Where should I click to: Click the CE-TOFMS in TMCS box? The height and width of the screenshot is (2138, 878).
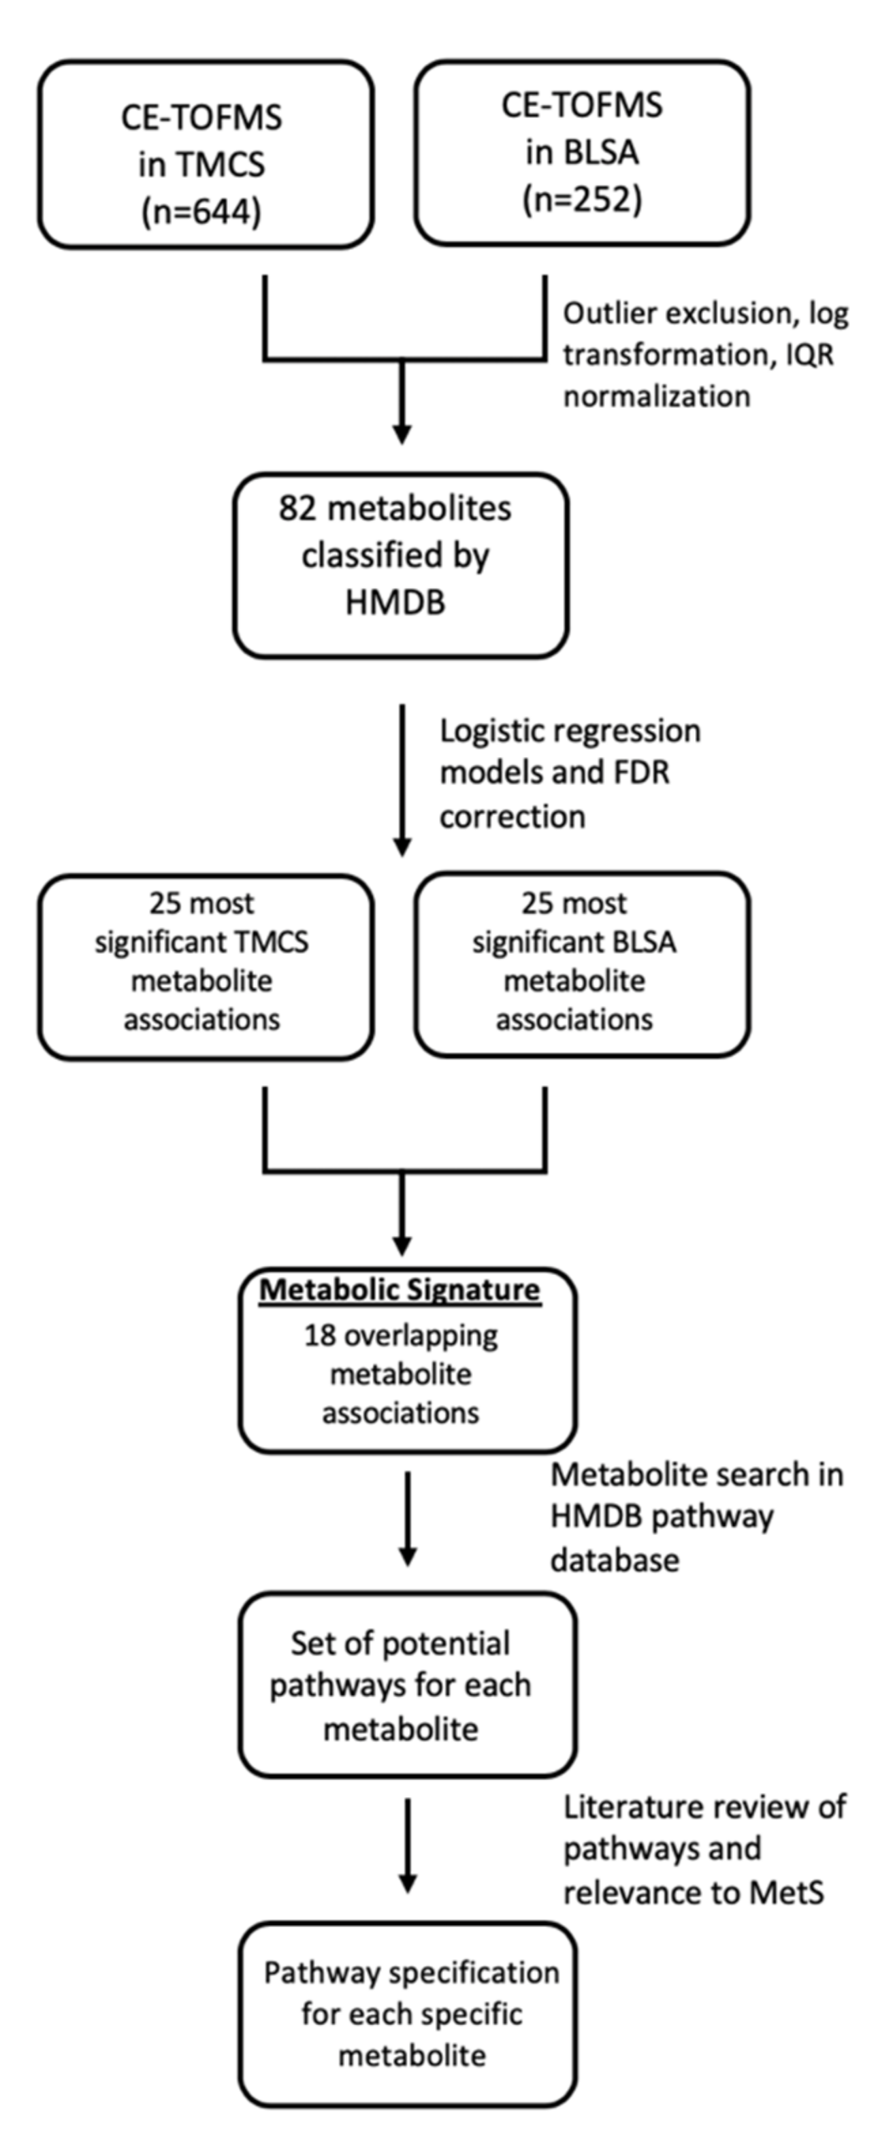pyautogui.click(x=206, y=155)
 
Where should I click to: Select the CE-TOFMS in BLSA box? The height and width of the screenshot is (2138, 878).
pyautogui.click(x=583, y=152)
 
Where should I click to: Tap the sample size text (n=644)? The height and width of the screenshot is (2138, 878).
pyautogui.click(x=201, y=212)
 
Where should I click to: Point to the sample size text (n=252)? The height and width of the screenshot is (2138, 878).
pyautogui.click(x=583, y=200)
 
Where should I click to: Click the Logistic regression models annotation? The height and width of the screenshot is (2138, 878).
pyautogui.click(x=570, y=773)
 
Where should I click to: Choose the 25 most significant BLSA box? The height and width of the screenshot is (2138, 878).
pyautogui.click(x=583, y=965)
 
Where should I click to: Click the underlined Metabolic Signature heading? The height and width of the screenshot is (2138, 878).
pyautogui.click(x=400, y=1290)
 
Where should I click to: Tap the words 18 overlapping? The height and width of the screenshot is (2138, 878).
pyautogui.click(x=401, y=1335)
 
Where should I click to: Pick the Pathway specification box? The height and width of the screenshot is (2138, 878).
pyautogui.click(x=408, y=2014)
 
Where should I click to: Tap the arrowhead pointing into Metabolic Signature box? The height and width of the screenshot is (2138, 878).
pyautogui.click(x=402, y=1246)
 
